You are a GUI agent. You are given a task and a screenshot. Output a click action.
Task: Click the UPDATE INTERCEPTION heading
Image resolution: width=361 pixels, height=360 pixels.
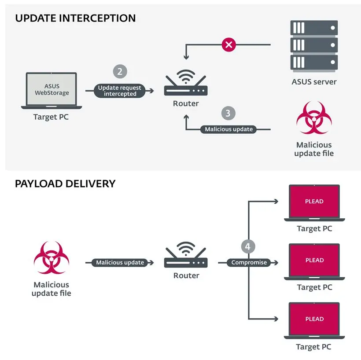(75, 18)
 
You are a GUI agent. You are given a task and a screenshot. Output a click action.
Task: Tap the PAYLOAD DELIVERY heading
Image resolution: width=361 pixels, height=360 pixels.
(65, 184)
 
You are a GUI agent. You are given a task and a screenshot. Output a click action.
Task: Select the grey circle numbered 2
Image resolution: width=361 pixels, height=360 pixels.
(120, 72)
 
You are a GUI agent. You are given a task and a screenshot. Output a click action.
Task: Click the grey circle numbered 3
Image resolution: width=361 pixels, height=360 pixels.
(228, 113)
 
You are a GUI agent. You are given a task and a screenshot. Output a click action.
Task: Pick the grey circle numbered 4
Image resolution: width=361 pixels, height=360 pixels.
(248, 246)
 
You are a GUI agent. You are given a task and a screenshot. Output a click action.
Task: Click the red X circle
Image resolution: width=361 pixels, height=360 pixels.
(229, 44)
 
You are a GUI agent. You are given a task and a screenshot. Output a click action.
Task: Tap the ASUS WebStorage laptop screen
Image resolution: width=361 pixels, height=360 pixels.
(52, 89)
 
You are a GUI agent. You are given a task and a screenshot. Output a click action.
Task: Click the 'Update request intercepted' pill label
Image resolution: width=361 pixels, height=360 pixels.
(120, 91)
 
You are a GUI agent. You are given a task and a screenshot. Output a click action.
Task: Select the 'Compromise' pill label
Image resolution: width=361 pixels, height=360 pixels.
(249, 262)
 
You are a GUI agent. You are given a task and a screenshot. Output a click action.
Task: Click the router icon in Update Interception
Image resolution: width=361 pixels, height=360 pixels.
(186, 85)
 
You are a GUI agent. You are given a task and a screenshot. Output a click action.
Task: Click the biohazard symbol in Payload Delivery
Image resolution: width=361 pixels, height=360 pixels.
(52, 257)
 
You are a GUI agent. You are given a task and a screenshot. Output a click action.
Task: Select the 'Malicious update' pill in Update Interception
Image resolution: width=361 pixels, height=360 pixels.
(229, 129)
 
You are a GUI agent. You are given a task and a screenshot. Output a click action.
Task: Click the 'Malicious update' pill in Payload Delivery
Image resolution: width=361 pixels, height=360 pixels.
(120, 262)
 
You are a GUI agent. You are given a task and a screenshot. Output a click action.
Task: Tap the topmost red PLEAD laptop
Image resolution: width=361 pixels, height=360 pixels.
(314, 202)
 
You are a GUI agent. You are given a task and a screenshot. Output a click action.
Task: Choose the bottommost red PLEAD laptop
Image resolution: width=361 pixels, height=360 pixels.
(314, 320)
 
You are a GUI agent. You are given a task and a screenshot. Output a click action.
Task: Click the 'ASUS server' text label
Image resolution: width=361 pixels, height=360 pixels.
(314, 81)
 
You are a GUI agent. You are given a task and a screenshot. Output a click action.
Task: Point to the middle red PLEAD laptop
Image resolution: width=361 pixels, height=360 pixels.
(314, 261)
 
